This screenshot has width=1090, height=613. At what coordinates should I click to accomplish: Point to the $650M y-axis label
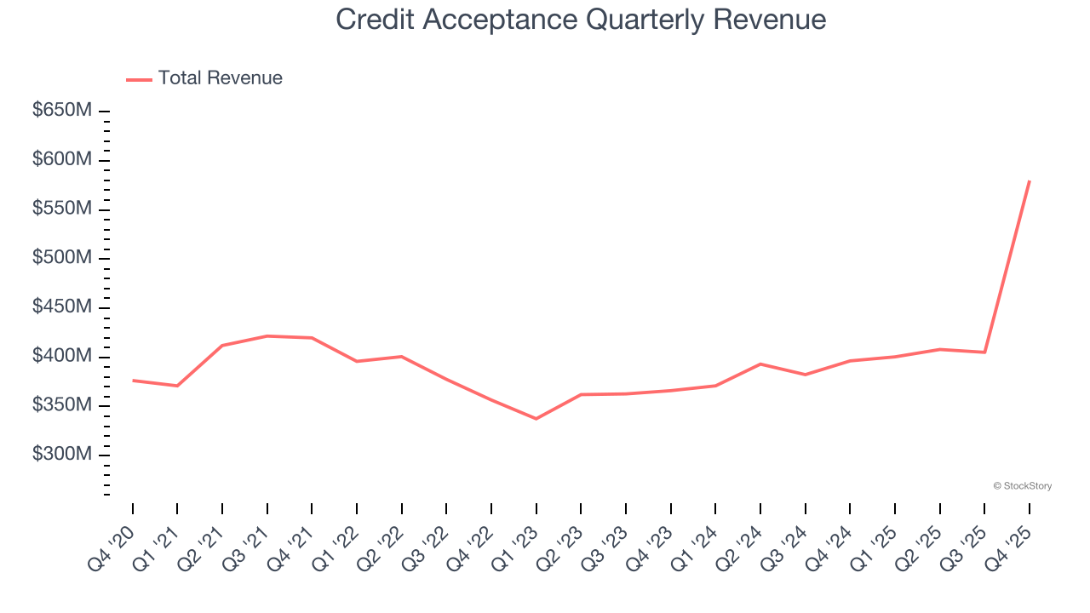[x=62, y=111]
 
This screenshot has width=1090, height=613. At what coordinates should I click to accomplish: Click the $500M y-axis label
[x=62, y=258]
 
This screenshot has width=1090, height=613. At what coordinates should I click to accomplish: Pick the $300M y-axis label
[x=62, y=455]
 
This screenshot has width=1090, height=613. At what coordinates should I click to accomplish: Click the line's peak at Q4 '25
[x=1030, y=180]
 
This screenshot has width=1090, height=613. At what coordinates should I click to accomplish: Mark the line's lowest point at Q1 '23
[x=536, y=419]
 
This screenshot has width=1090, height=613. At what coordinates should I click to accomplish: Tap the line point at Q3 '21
[x=267, y=336]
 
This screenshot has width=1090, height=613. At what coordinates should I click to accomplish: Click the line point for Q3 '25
[x=984, y=352]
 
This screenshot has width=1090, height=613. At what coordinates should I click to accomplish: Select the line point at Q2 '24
[x=760, y=364]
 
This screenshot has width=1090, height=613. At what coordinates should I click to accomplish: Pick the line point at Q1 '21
[x=177, y=386]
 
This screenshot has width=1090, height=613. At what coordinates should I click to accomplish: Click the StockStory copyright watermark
[x=1022, y=486]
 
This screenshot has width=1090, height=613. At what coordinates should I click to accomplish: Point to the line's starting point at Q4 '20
[x=133, y=381]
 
